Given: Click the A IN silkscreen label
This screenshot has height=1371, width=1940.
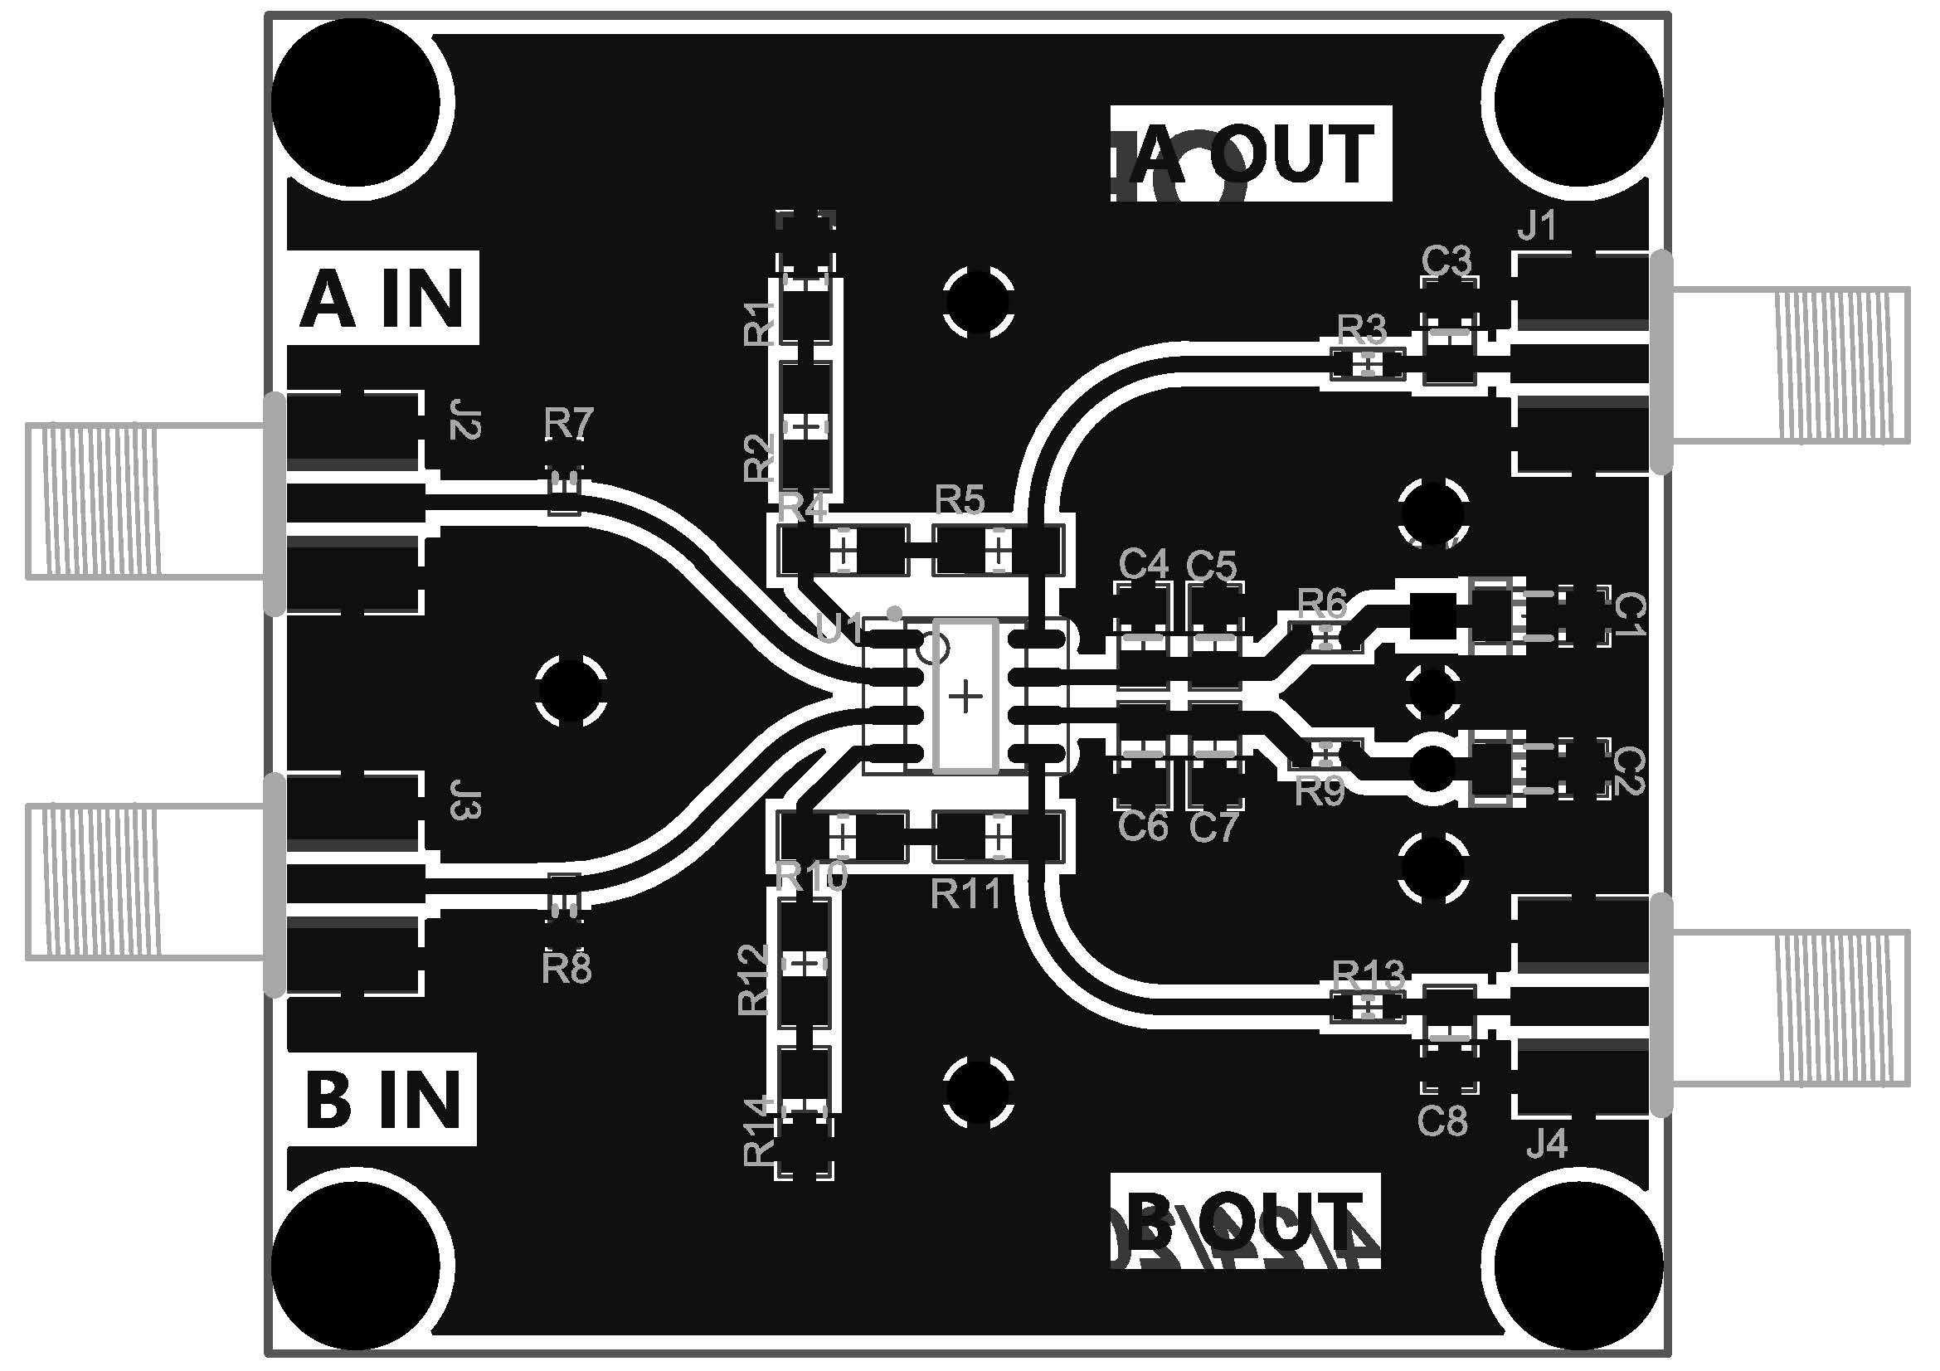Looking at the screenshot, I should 382,299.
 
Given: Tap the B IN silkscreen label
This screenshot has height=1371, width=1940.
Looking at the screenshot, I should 382,1099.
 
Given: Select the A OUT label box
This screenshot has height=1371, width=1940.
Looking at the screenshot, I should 1251,153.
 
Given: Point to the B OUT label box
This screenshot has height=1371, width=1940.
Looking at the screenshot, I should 1245,1221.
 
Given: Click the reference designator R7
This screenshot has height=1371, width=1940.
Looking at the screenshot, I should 569,422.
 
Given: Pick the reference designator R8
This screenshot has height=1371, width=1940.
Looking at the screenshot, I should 566,969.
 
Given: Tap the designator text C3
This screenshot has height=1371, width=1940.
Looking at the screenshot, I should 1446,261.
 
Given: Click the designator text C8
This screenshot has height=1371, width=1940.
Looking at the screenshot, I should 1442,1122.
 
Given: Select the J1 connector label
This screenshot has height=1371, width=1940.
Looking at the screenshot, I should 1537,226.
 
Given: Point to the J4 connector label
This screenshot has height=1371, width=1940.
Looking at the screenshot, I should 1547,1145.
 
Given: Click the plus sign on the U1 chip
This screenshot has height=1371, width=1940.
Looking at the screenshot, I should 965,697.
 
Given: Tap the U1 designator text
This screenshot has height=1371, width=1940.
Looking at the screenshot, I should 839,628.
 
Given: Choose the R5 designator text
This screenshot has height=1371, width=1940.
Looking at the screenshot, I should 960,500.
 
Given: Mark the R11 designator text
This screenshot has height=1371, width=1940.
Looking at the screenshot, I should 965,894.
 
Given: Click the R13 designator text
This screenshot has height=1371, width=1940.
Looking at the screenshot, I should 1368,975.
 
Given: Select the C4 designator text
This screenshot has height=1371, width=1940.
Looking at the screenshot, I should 1143,563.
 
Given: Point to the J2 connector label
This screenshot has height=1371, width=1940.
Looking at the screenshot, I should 464,420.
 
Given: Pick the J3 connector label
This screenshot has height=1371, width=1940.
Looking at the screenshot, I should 464,805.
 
